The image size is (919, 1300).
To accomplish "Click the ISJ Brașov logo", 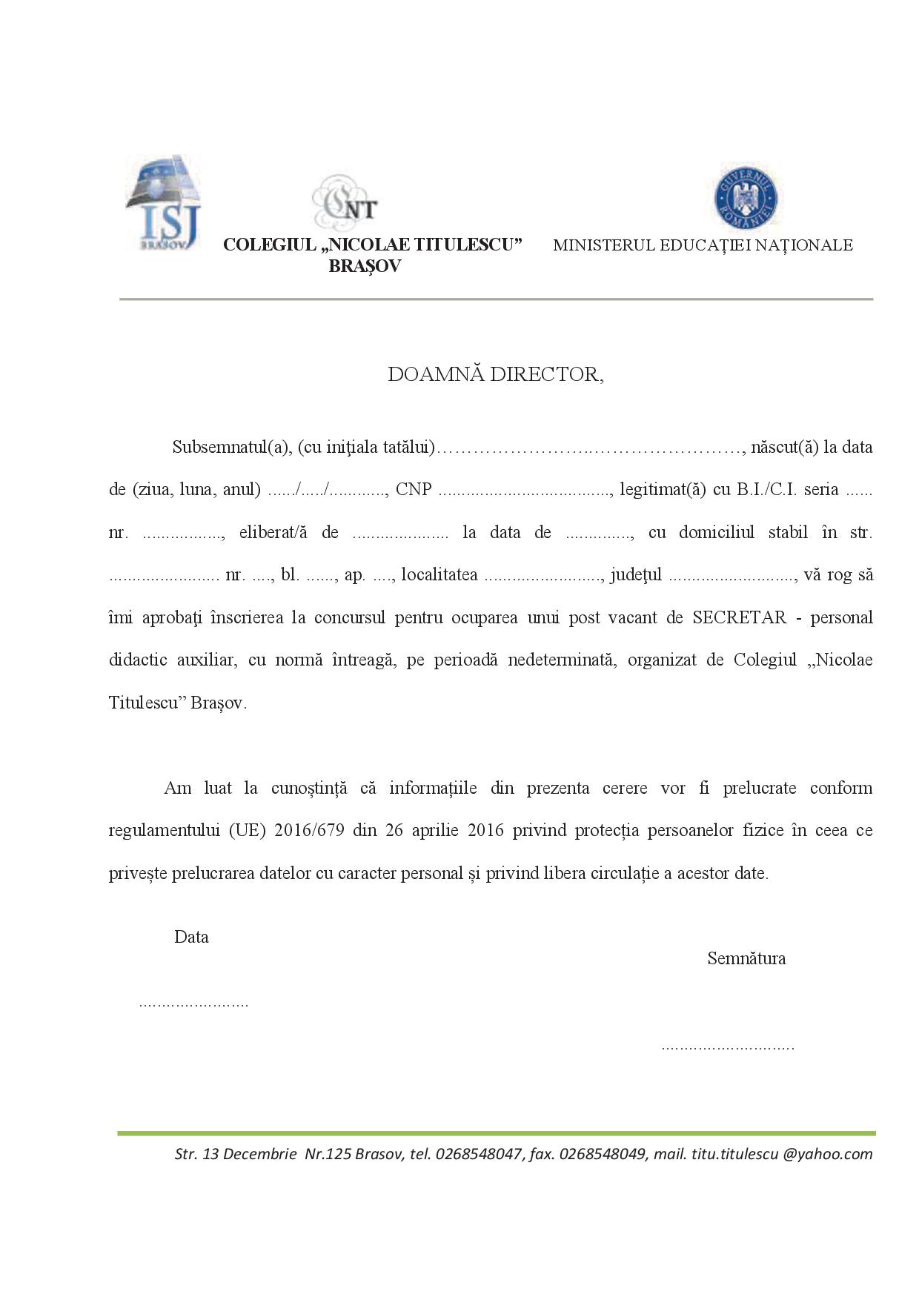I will (x=162, y=202).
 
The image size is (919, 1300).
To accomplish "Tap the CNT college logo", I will (x=345, y=202).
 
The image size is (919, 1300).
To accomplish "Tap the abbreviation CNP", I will (x=414, y=490).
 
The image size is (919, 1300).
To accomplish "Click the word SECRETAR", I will (x=739, y=617).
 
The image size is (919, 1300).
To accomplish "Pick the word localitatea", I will (x=439, y=575).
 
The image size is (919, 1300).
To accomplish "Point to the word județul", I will (x=636, y=575).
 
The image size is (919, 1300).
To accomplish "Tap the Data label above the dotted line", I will (x=191, y=937).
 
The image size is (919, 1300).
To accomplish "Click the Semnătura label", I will (x=746, y=958).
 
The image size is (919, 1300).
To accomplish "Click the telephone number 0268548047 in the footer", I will (x=479, y=1154).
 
